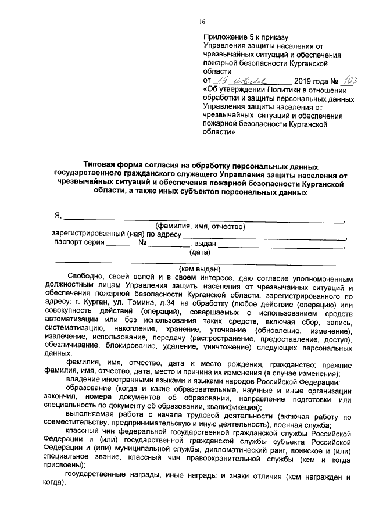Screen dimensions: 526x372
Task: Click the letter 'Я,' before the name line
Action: click(58, 216)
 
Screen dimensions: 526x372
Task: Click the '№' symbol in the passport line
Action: click(142, 244)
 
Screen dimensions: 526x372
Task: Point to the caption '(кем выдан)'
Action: click(199, 269)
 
